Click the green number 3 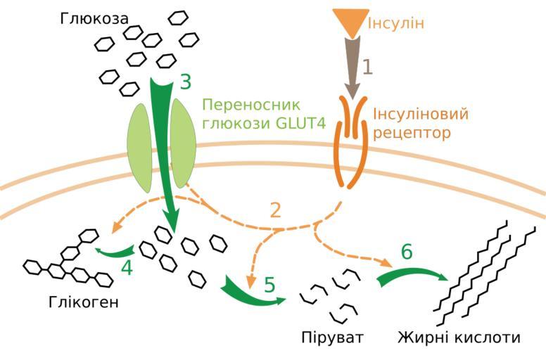coord(185,82)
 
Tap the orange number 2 coord(276,209)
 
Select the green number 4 coord(127,268)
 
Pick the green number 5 coord(269,285)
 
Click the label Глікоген coord(84,304)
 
